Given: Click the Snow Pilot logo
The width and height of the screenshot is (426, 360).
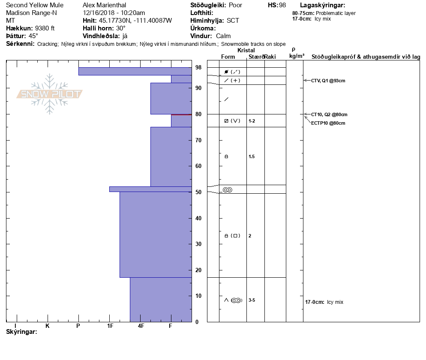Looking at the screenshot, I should (x=49, y=94).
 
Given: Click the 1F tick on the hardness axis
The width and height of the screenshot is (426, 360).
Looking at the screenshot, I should (x=110, y=326).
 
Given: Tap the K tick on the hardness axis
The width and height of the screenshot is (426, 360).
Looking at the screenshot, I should (x=48, y=326).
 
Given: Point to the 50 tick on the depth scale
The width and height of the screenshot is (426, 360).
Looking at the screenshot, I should (x=198, y=192).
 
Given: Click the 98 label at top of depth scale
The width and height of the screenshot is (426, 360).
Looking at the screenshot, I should (x=198, y=68).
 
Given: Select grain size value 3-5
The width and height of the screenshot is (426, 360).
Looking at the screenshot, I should (x=252, y=300).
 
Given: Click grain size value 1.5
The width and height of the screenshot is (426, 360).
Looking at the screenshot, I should (x=252, y=157).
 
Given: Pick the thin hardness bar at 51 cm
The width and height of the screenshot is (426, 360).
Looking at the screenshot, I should (x=150, y=189).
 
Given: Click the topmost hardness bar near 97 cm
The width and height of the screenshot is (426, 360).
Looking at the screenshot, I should (x=135, y=71).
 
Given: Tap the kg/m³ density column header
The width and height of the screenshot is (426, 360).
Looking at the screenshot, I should (x=297, y=56).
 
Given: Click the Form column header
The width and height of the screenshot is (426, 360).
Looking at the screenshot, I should (x=228, y=57).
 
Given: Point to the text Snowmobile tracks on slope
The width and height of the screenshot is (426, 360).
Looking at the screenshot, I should (x=253, y=44).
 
